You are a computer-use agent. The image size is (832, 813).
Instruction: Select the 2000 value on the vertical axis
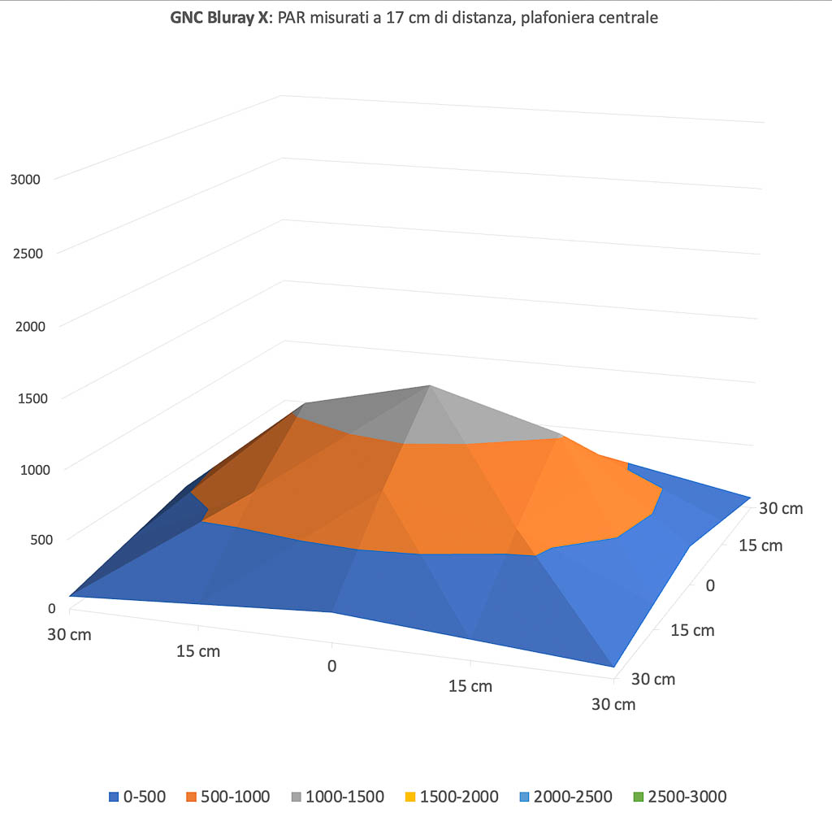tap(26, 327)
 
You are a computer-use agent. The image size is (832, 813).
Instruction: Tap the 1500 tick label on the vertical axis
tap(26, 398)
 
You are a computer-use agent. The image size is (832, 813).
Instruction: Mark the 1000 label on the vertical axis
tap(26, 469)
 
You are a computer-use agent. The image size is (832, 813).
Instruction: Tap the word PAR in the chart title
tap(292, 18)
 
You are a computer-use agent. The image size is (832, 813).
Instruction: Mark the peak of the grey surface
tap(429, 387)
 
